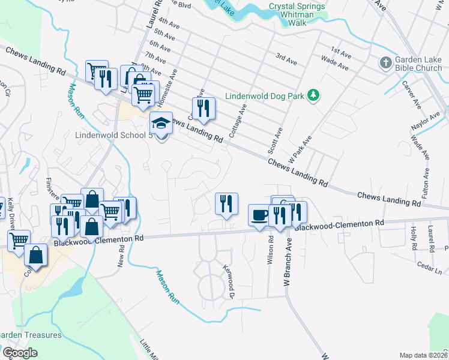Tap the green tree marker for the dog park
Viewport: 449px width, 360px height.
[x=312, y=95]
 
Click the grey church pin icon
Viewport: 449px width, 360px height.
[x=385, y=62]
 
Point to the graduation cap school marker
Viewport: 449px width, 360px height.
[x=161, y=124]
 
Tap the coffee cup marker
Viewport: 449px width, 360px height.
[x=260, y=215]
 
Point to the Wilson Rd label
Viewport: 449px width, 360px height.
[x=271, y=251]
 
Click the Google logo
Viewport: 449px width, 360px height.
[x=20, y=353]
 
